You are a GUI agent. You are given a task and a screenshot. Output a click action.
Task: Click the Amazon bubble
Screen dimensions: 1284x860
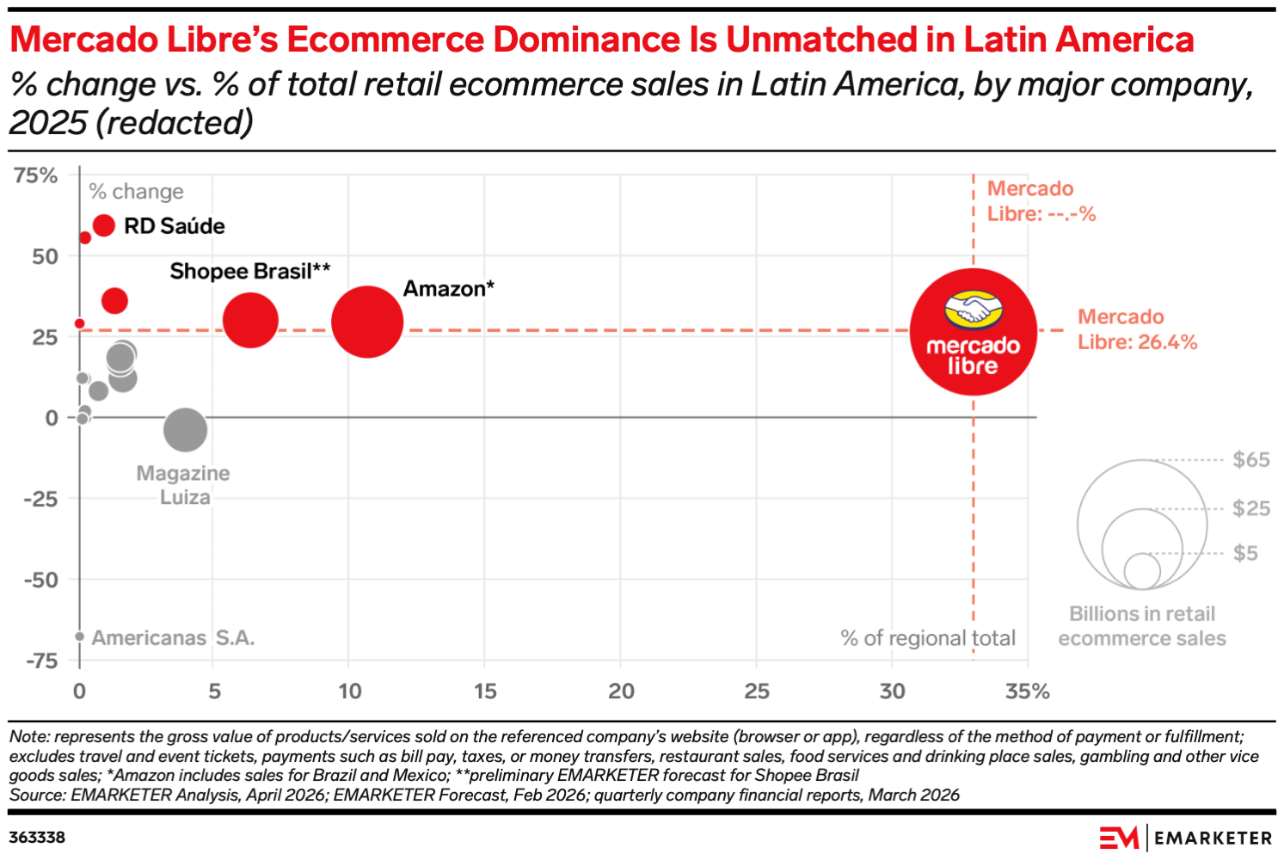(367, 322)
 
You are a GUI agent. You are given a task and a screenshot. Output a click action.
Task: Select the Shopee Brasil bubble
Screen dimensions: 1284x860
(250, 321)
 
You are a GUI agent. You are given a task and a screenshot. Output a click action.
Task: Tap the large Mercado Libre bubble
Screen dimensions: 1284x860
(974, 332)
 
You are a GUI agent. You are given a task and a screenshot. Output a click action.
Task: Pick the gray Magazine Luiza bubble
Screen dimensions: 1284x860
(185, 430)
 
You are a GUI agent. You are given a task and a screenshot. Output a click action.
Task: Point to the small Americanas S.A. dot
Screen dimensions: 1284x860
(80, 636)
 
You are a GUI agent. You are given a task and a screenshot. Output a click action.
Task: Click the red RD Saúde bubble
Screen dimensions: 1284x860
(104, 225)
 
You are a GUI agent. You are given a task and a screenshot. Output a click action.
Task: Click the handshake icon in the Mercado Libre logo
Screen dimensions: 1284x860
(974, 310)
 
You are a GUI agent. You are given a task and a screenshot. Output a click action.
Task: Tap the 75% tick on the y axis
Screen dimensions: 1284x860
(35, 175)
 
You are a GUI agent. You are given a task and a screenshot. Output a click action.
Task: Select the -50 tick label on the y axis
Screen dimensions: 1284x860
(40, 580)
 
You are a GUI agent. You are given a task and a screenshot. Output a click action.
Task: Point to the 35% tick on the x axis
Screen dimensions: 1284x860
(1028, 691)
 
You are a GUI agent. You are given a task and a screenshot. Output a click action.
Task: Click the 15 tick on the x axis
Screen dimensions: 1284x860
(485, 691)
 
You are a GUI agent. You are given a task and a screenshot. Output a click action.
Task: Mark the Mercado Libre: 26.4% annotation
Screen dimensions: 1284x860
(1137, 329)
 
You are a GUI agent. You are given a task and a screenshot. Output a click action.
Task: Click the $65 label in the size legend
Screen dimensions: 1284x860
(1251, 459)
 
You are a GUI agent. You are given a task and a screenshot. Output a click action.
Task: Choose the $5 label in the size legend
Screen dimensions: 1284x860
(1245, 553)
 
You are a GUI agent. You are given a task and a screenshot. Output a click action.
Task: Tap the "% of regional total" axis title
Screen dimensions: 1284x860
(927, 638)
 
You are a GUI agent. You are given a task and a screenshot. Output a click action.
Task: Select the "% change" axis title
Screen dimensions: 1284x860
(137, 192)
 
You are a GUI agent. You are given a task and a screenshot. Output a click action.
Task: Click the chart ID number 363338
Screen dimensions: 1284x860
(37, 838)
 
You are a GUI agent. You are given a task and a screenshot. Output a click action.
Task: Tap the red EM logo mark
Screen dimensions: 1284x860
(1119, 838)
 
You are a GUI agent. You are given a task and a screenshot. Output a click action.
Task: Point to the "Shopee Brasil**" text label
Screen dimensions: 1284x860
(250, 271)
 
